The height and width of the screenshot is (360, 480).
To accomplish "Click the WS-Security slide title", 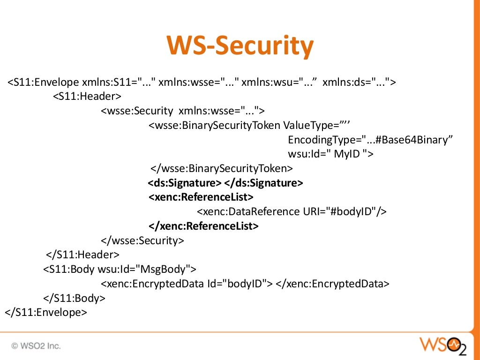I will pos(240,46).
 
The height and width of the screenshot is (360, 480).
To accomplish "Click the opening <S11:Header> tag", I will pos(87,97).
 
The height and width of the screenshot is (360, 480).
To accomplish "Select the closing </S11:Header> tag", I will pos(82,255).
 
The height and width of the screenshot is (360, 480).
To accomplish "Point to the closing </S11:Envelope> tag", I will pos(46,312).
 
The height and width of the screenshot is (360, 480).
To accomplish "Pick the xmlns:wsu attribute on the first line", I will pos(279,82).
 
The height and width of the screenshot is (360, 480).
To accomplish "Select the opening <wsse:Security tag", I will pos(137,111).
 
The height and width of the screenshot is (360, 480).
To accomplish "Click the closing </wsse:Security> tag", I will pos(142,240).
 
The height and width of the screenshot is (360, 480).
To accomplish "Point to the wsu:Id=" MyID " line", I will pos(330,154).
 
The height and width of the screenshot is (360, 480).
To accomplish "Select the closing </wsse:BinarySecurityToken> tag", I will pos(221,168).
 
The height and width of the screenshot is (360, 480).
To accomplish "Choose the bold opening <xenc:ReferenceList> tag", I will pos(201,197).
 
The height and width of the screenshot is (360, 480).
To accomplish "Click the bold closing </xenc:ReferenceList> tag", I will pos(203,226).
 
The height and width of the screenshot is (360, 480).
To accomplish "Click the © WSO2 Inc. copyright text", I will pos(36,346).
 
